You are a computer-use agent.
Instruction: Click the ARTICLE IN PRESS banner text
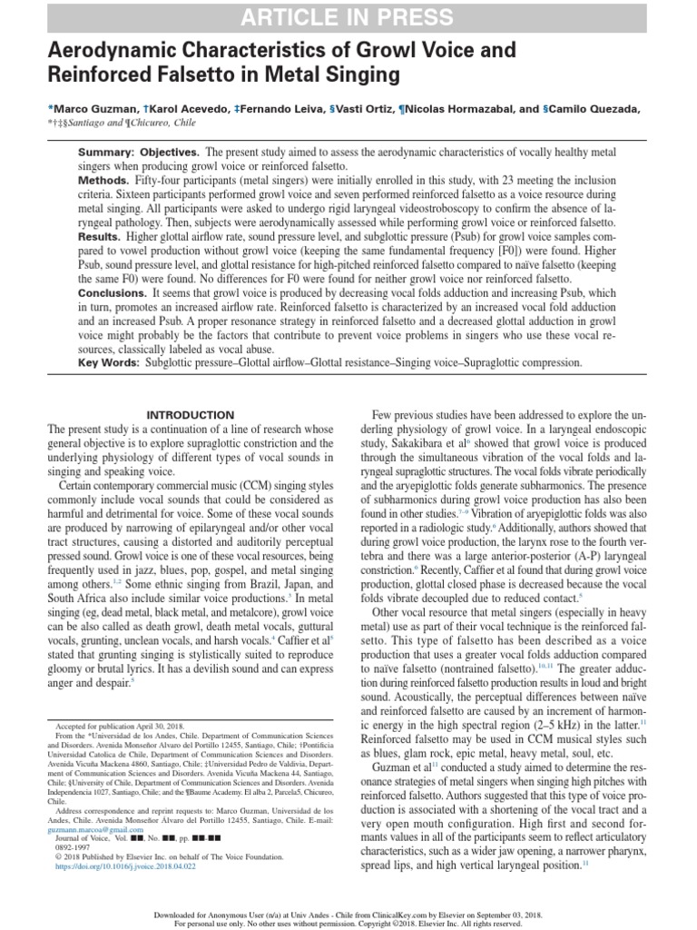[348, 16]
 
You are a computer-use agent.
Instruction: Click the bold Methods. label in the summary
[103, 181]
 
